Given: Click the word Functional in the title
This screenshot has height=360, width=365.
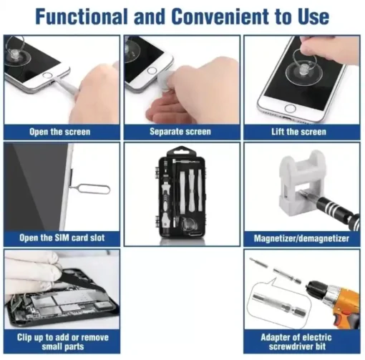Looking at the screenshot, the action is [81, 16].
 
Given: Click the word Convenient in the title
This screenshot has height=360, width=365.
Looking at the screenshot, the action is [221, 16].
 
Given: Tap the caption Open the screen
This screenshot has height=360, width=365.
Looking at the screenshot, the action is [60, 132].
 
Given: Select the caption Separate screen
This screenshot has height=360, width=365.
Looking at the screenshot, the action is [180, 132].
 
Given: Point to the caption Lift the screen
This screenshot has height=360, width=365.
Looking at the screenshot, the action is [298, 132].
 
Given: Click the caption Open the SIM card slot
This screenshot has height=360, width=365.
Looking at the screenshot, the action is [62, 238].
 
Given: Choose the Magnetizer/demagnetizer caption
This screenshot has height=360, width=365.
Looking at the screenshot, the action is [301, 238].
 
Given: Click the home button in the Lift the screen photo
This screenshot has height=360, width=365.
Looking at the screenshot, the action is [291, 109].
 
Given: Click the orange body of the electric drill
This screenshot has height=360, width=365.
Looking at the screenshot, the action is [346, 303].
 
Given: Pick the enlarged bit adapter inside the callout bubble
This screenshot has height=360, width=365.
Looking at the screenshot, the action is [278, 304].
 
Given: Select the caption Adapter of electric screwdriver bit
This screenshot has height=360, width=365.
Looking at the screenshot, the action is [296, 342].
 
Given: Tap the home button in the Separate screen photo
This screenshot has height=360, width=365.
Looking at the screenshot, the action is [152, 71].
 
